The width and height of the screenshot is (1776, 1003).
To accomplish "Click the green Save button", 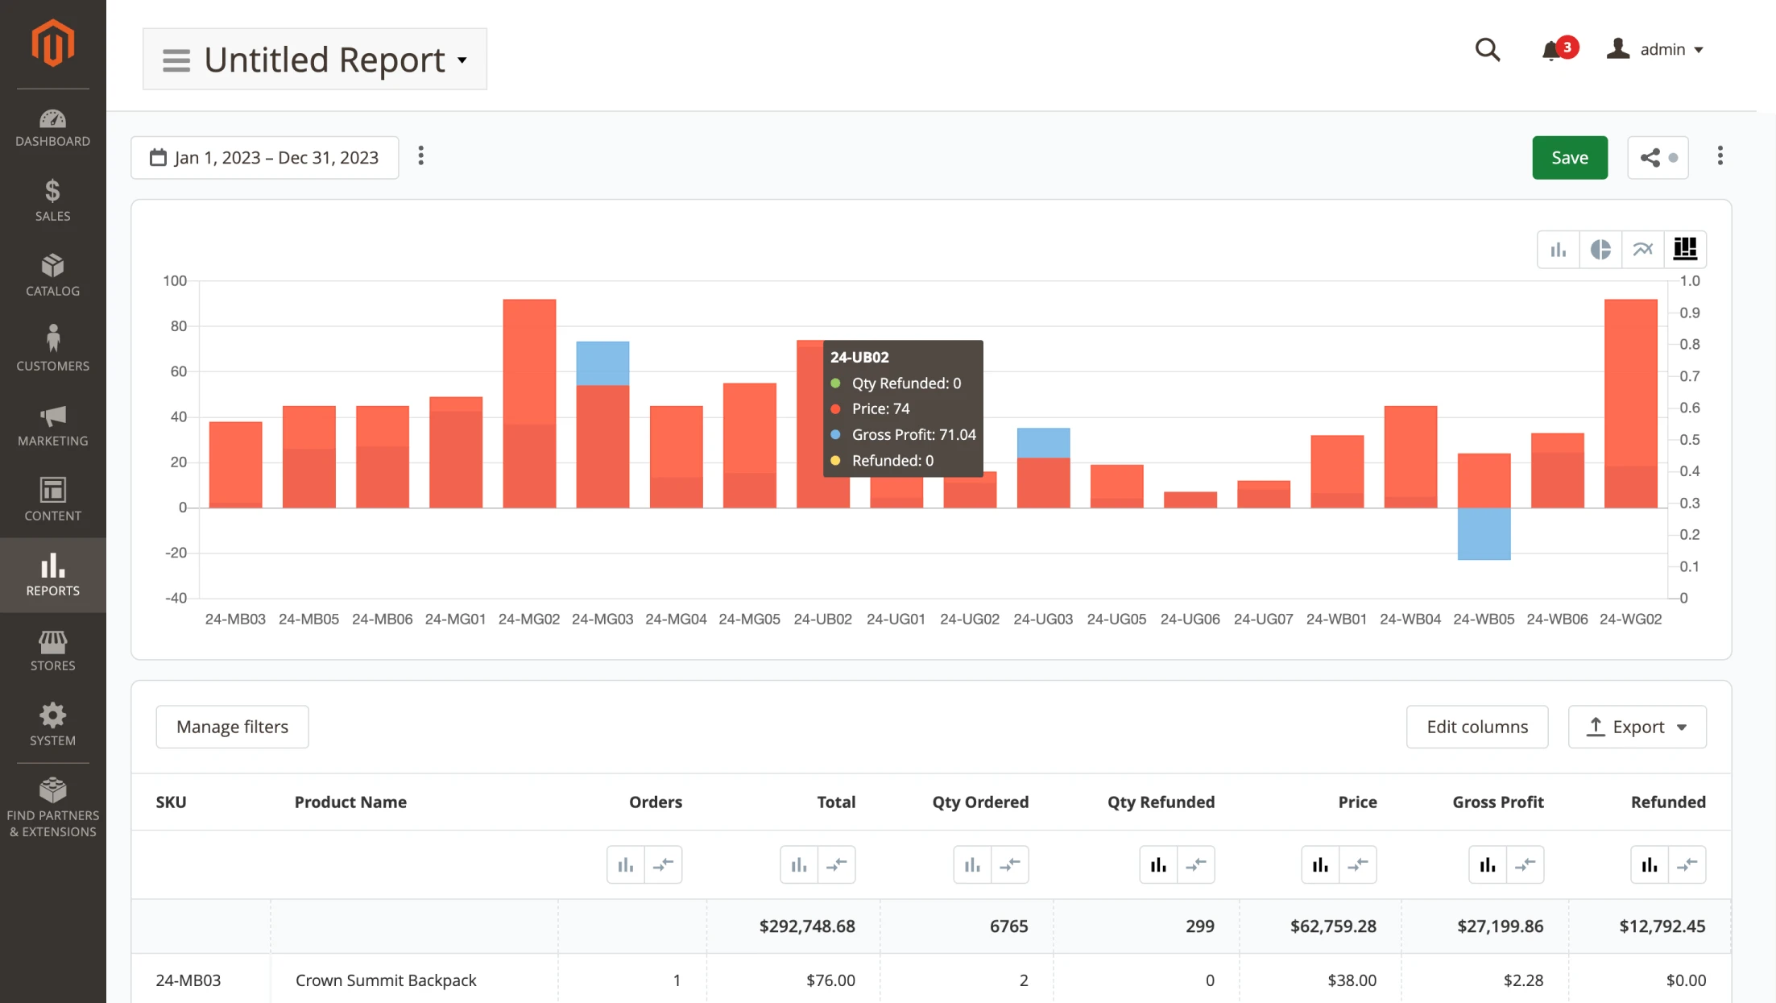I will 1569,157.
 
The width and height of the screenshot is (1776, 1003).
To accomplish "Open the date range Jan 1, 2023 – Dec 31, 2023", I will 265,157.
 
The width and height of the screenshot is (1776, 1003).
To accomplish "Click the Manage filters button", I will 232,727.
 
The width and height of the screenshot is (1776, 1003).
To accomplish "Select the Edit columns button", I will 1476,727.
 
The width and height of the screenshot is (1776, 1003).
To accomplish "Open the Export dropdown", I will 1637,727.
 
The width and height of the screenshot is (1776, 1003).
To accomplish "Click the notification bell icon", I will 1551,51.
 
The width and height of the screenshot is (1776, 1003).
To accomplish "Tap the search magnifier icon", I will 1487,50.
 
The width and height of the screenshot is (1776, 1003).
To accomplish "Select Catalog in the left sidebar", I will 52,275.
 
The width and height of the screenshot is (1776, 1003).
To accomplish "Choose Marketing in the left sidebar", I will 52,425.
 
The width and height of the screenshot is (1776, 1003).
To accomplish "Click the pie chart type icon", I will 1600,250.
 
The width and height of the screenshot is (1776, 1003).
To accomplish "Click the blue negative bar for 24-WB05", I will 1484,534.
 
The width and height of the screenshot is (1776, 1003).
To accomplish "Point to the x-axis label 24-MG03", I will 602,620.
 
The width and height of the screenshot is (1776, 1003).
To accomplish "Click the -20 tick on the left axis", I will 176,553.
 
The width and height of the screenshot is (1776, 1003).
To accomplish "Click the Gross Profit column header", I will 1497,802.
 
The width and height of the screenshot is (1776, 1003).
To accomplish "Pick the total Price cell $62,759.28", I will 1332,926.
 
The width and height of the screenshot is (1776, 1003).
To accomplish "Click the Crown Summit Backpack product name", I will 386,980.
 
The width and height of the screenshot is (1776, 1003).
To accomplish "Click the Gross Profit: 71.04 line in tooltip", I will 913,435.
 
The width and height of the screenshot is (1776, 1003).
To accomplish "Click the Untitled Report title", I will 324,60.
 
